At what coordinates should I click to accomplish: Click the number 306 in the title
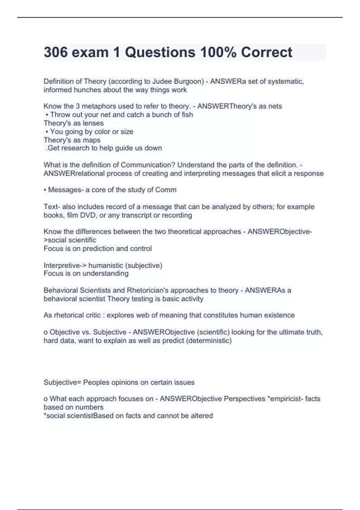point(56,52)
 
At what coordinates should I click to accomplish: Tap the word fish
point(187,115)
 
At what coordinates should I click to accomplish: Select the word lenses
point(93,123)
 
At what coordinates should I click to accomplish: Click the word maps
point(92,140)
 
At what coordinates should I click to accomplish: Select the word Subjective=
point(62,382)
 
